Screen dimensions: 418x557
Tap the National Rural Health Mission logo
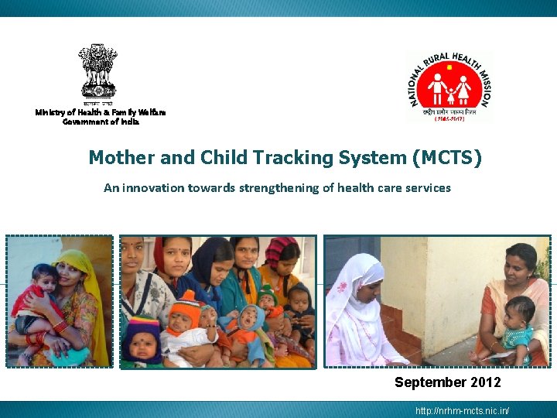[449, 86]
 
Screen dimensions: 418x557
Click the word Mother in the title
[121, 159]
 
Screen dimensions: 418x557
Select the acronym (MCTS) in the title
[448, 159]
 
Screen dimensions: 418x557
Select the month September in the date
[429, 382]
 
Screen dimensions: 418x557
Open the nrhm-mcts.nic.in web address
[462, 410]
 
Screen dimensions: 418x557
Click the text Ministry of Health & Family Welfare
[101, 112]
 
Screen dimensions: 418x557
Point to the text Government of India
[101, 122]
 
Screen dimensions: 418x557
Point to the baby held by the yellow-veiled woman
[39, 298]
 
